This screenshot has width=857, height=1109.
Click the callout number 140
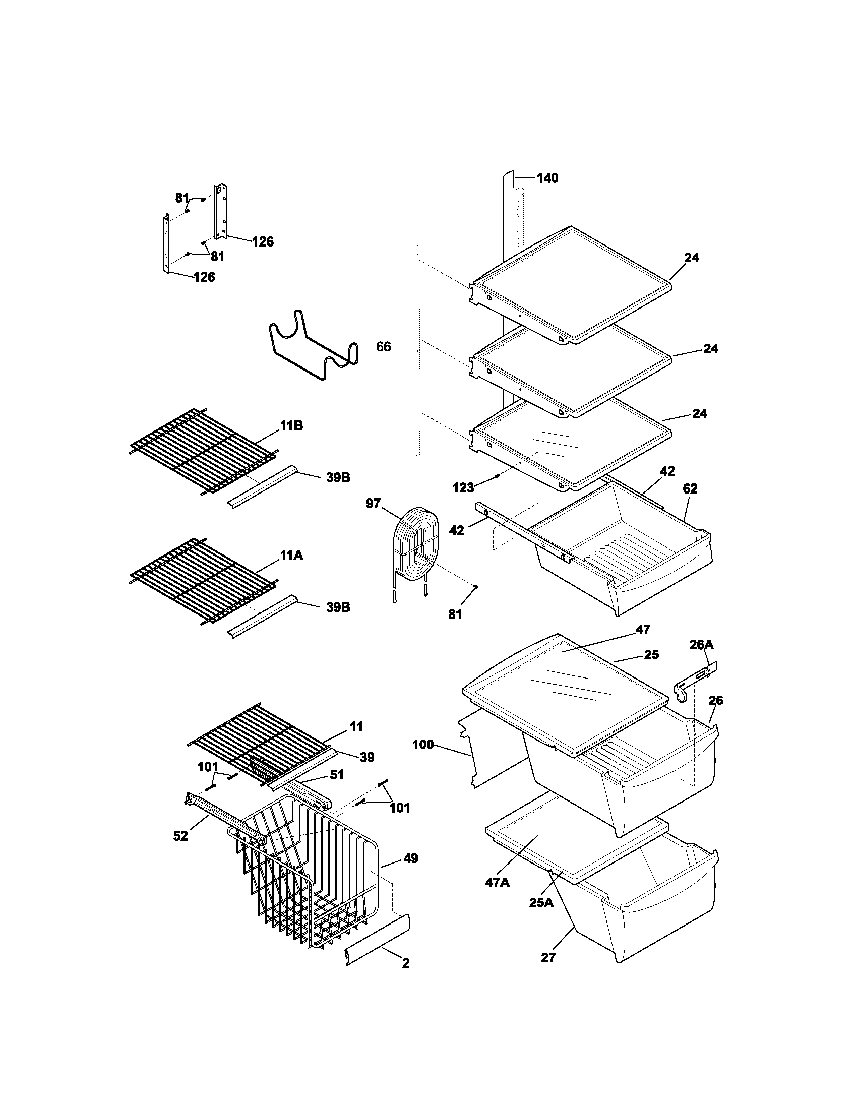click(547, 178)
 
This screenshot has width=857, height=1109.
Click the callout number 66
click(383, 347)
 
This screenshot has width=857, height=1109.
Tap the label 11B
click(291, 425)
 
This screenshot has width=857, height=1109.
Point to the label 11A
click(291, 556)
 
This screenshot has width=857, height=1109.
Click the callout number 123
click(462, 488)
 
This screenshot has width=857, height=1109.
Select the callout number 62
click(690, 488)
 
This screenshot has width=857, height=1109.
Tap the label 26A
click(701, 645)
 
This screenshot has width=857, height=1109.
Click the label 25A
click(541, 902)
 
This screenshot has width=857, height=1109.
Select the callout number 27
click(548, 957)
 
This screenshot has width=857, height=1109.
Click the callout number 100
click(422, 745)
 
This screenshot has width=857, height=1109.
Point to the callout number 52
click(181, 836)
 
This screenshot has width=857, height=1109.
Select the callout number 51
click(336, 774)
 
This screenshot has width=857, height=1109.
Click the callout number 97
click(373, 503)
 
